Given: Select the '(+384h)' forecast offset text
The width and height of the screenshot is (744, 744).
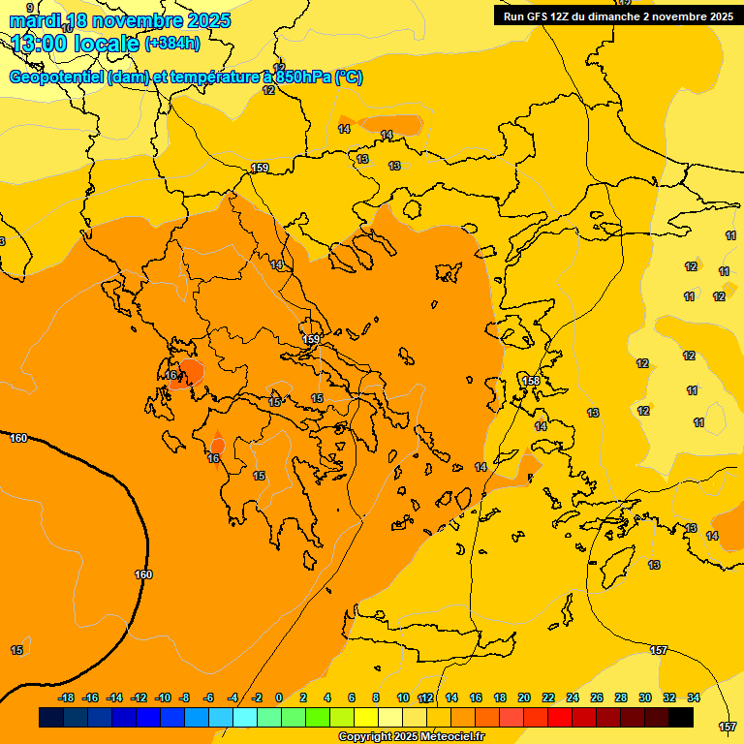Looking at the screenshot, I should click(172, 44).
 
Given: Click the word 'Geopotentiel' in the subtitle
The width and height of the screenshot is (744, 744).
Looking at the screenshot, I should click(55, 77).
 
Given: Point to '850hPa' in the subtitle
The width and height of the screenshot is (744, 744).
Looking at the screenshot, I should click(302, 77).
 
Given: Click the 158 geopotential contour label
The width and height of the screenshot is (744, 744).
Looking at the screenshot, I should click(531, 381).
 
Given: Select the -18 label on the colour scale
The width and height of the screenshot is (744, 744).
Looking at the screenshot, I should click(66, 697).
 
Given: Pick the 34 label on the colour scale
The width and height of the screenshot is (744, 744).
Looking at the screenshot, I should click(693, 697).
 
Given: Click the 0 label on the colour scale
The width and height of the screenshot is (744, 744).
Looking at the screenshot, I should click(279, 697).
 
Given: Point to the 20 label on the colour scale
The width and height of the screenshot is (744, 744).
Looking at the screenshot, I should click(524, 697).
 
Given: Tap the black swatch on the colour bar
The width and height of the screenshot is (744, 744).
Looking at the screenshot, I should click(681, 718).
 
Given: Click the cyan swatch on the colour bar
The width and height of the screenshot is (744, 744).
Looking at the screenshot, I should click(245, 718).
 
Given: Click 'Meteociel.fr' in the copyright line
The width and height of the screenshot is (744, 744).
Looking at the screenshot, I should click(451, 737).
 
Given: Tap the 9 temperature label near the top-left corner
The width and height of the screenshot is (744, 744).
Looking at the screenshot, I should click(30, 8).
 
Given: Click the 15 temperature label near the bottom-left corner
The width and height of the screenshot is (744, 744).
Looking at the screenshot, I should click(16, 650).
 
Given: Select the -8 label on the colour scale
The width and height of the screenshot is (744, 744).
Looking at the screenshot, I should click(184, 697).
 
